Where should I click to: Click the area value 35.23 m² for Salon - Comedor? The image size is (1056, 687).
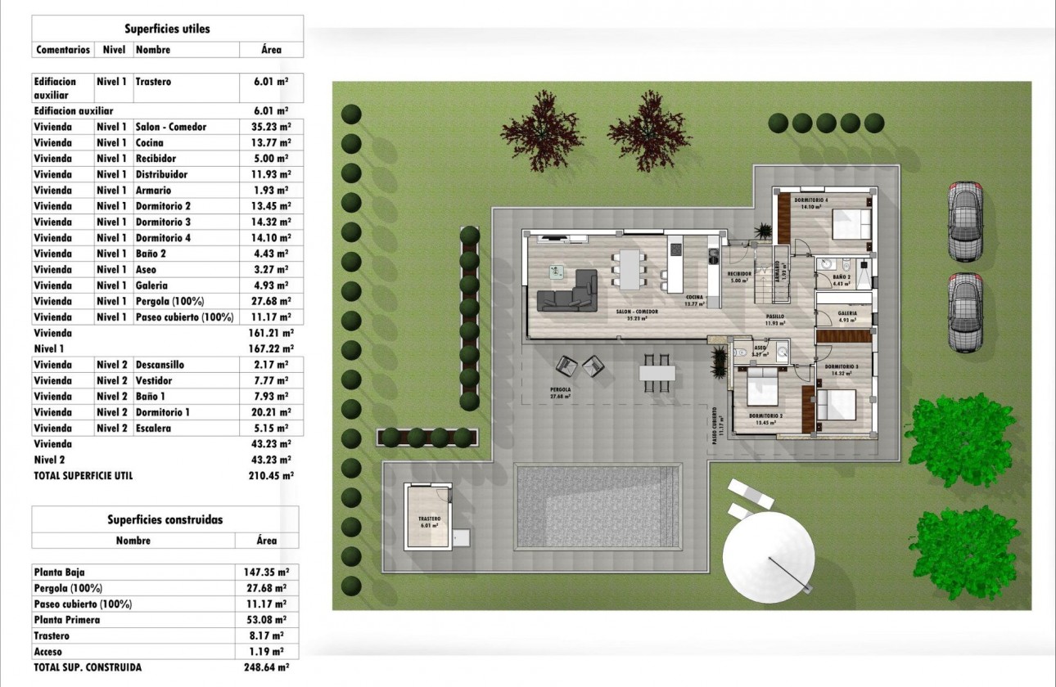pos(271,127)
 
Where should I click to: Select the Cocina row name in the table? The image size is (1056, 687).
pos(150,143)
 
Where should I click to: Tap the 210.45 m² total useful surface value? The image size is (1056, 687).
pos(271,475)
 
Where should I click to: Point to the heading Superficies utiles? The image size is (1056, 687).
pos(167,29)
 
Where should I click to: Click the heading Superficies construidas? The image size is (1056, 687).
pos(165,519)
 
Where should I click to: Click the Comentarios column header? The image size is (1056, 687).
pos(63,50)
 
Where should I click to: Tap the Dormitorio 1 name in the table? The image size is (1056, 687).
pos(162,412)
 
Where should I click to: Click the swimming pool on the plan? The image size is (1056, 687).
pos(598,507)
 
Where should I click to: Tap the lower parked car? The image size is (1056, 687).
pos(965,312)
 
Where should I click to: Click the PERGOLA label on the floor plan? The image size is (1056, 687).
pos(561,390)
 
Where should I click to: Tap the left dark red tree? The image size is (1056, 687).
pos(542,131)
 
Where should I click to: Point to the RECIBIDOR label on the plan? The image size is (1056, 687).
pos(739,273)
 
